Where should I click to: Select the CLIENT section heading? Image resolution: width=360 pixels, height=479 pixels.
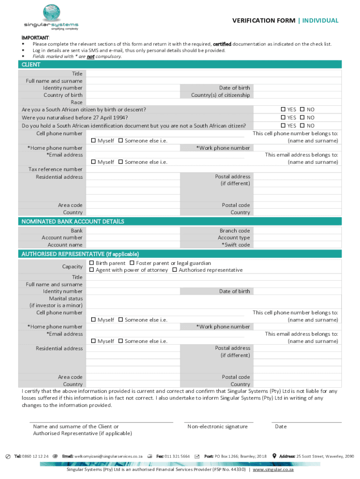(x=31, y=65)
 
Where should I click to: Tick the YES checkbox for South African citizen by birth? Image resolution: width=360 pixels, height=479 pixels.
(x=283, y=109)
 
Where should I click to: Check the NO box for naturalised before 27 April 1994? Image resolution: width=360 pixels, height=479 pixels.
(x=302, y=118)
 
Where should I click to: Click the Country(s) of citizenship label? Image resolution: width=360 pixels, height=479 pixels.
(x=220, y=95)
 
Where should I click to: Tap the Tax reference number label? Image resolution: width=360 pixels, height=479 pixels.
(x=59, y=169)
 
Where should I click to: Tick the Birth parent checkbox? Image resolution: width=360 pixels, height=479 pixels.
(x=92, y=263)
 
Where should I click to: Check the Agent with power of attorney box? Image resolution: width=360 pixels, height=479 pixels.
(x=92, y=270)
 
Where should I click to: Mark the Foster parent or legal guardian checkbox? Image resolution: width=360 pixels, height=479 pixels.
(x=132, y=263)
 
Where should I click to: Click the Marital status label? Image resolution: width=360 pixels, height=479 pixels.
(x=66, y=298)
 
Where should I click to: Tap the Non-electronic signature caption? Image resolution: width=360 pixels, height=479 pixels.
(x=217, y=427)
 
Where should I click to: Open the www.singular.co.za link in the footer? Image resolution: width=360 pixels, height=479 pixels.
(x=273, y=469)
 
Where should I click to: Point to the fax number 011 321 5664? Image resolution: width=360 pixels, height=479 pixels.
(x=177, y=456)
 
